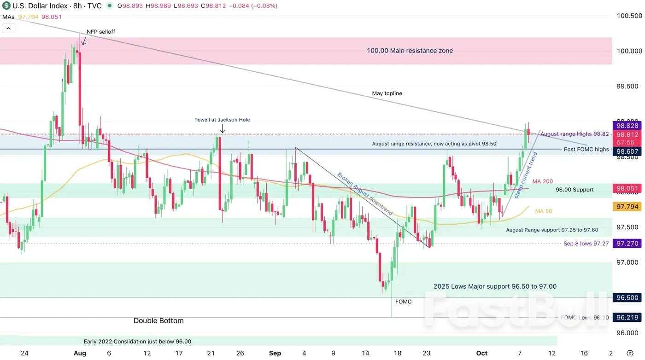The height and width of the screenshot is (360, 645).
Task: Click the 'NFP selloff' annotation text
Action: click(101, 32)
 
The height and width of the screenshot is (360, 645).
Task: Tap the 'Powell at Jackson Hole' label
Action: click(222, 120)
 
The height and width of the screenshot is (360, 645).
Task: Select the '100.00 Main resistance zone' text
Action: click(410, 51)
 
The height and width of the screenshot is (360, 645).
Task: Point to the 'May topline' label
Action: click(387, 93)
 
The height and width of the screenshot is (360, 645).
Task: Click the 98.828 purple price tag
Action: click(627, 126)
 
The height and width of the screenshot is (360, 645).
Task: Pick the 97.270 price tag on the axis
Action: click(627, 244)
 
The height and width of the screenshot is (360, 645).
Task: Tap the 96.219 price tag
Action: click(627, 318)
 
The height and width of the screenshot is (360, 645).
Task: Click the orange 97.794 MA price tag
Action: click(627, 207)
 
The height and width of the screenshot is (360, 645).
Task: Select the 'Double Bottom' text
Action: click(158, 321)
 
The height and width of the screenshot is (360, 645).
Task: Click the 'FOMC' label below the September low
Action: click(404, 302)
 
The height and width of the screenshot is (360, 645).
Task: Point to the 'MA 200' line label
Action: click(543, 181)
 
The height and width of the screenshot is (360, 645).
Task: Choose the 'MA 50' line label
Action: click(544, 211)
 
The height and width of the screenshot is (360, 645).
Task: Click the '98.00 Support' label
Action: click(575, 190)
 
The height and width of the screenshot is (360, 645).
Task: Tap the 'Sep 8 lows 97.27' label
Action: click(586, 244)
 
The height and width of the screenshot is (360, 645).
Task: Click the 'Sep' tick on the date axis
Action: click(275, 353)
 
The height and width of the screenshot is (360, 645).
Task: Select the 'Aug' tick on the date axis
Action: click(80, 353)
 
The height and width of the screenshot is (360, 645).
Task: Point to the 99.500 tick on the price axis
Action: click(629, 87)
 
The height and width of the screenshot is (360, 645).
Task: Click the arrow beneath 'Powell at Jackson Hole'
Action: click(223, 128)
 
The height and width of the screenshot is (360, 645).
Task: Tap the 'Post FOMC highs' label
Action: click(586, 150)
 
